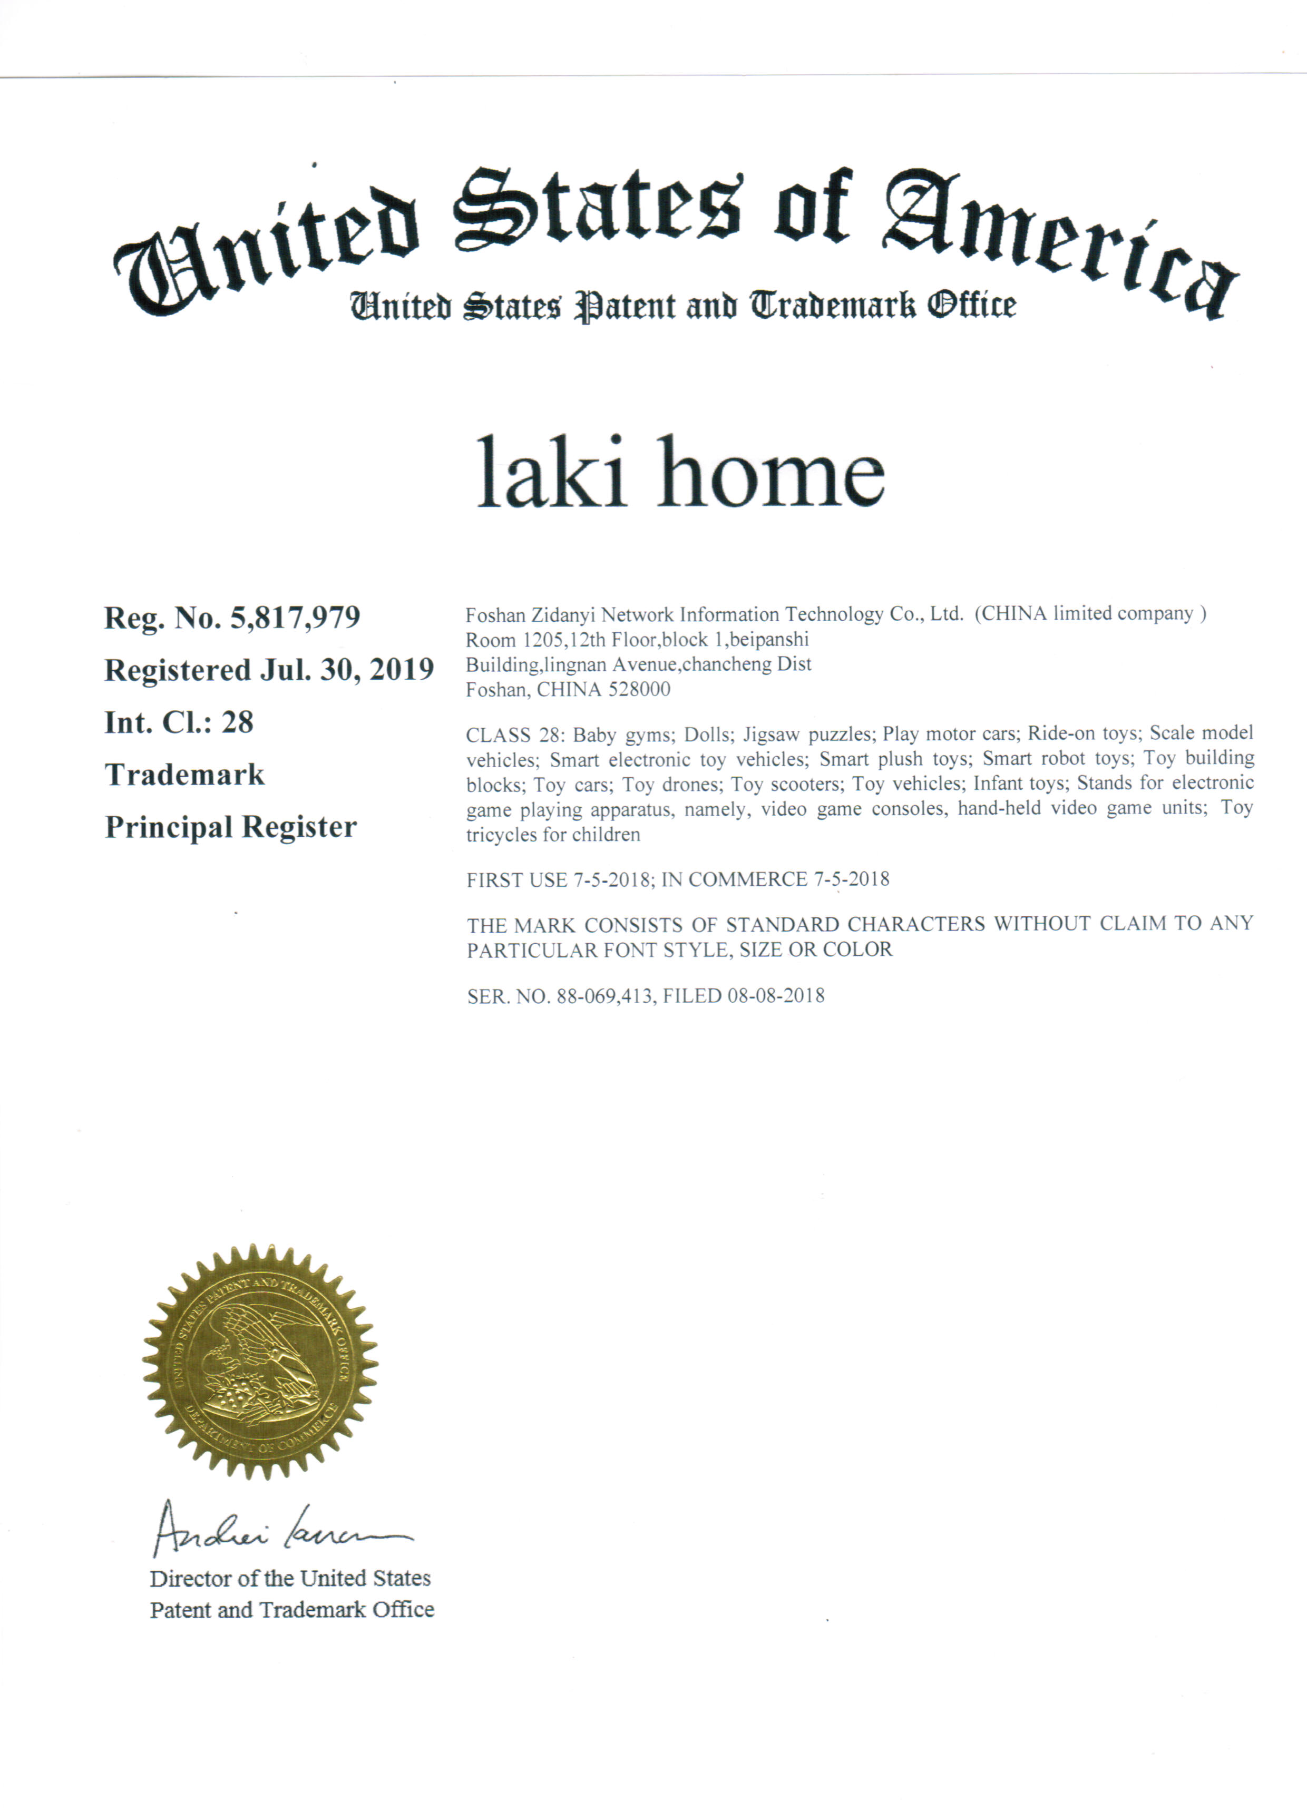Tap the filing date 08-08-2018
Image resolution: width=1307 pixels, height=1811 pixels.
click(x=775, y=996)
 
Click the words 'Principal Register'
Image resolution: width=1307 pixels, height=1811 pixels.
click(x=231, y=827)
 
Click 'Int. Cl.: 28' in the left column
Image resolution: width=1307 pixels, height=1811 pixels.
click(x=179, y=722)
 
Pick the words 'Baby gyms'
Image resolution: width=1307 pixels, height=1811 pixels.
click(x=623, y=734)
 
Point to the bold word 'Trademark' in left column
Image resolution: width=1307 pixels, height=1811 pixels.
click(x=184, y=775)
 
